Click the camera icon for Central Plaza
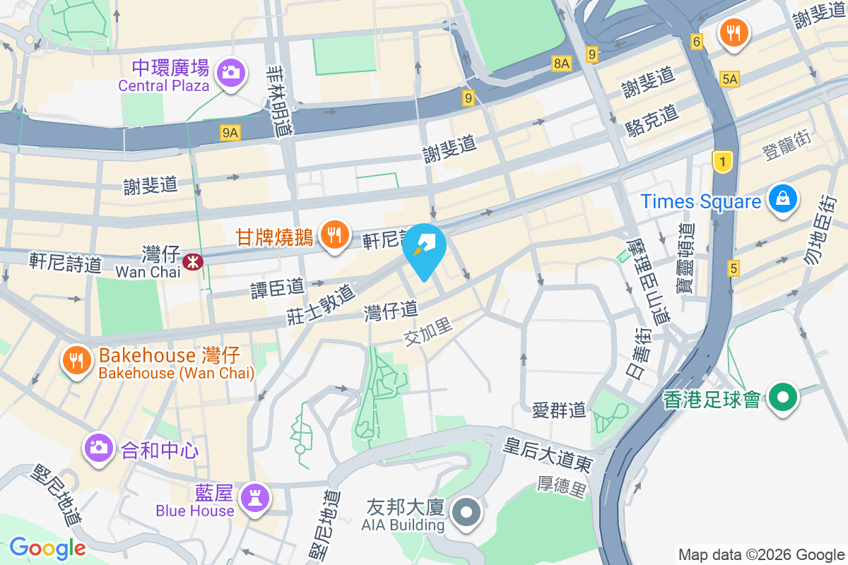(x=230, y=72)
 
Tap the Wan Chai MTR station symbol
(x=192, y=262)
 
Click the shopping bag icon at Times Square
(x=783, y=198)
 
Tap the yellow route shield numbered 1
(x=722, y=162)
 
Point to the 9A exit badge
(x=230, y=132)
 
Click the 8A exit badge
(x=562, y=64)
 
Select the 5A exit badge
(x=730, y=80)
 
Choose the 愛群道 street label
(x=559, y=410)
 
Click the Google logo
(x=47, y=548)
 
